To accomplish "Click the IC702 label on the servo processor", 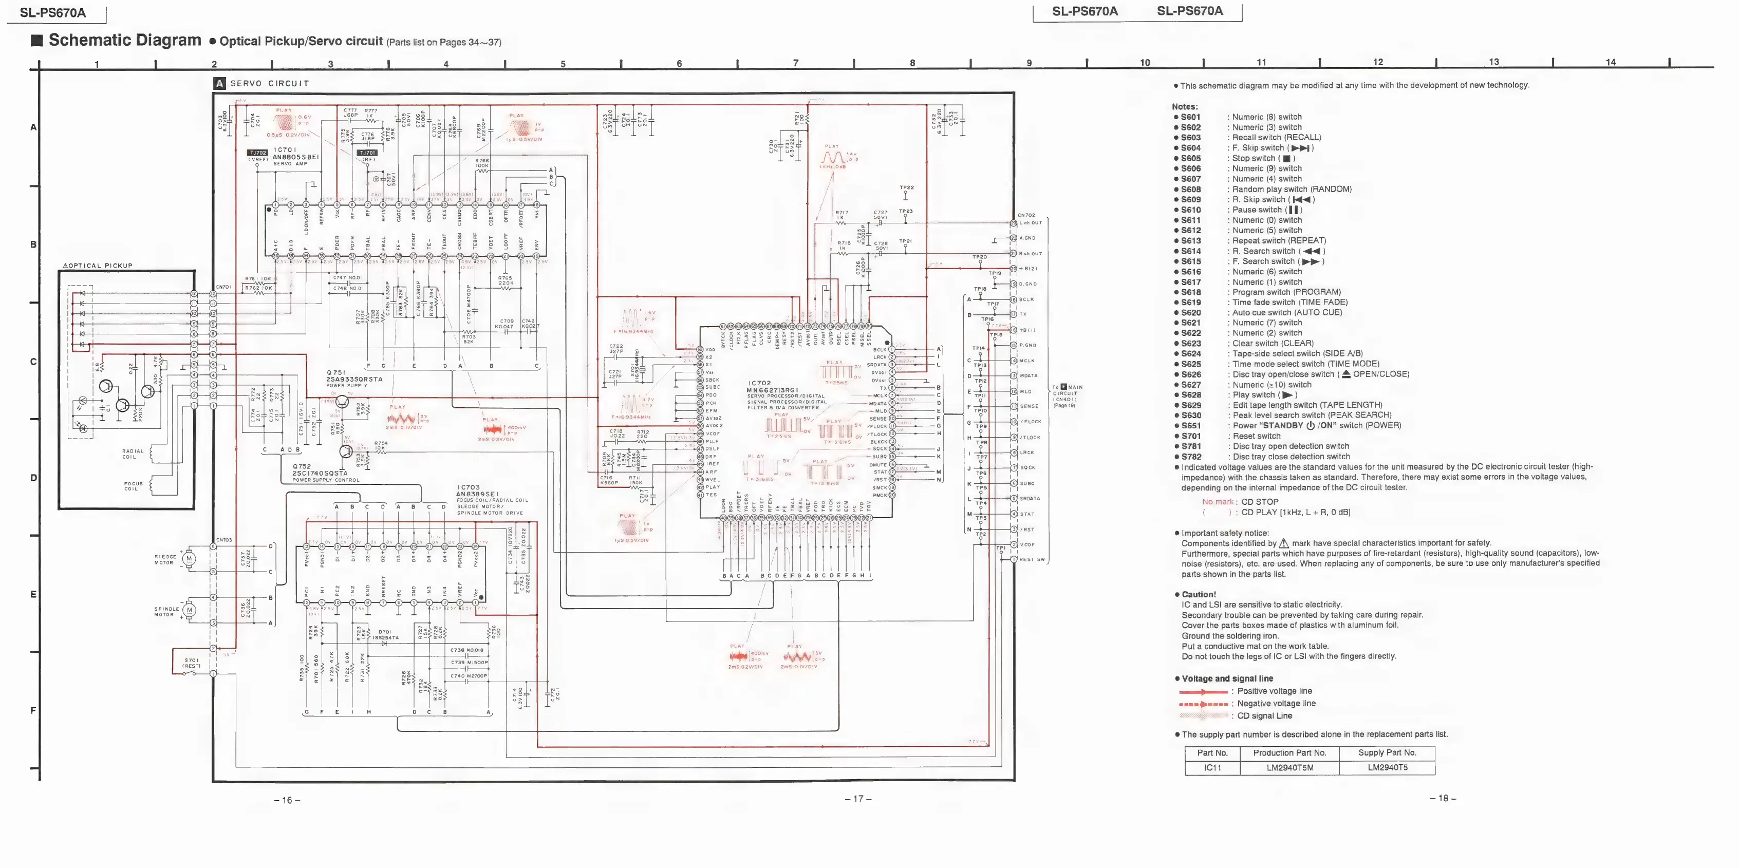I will point(759,383).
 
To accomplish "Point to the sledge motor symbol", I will point(190,558).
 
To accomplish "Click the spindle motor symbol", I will point(190,610).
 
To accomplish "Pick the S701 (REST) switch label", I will point(192,663).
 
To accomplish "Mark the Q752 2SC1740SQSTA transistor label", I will point(320,473).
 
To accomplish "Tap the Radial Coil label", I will point(133,454).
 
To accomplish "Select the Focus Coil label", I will point(133,486).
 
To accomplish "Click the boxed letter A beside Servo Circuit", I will point(219,84).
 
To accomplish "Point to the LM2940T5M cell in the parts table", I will point(1289,767).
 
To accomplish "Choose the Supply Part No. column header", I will point(1387,752).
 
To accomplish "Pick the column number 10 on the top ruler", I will point(1145,63).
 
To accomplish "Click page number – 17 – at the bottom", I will point(857,799).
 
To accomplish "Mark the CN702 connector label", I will point(1025,215).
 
